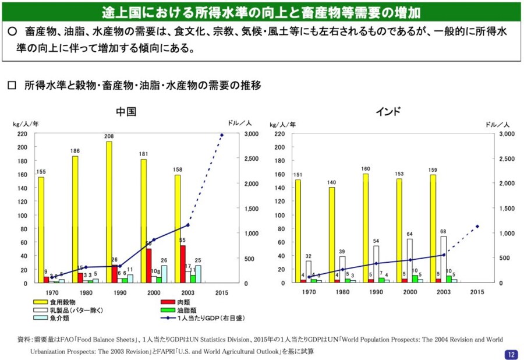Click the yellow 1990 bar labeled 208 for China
[109, 212]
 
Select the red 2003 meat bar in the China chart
[183, 264]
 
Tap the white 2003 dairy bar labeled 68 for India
[444, 259]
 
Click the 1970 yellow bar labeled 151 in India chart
[298, 231]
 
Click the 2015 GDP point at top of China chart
[222, 135]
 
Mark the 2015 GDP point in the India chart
[477, 227]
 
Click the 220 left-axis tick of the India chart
[279, 134]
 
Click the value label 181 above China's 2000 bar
[143, 154]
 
